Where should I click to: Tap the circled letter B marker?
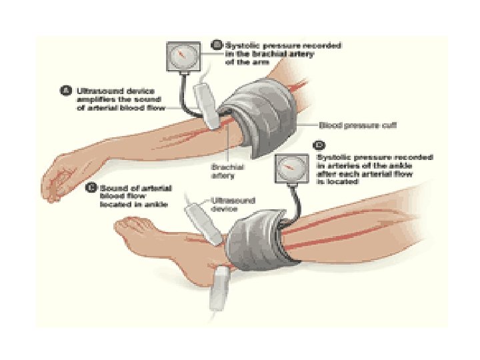[217, 45]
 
